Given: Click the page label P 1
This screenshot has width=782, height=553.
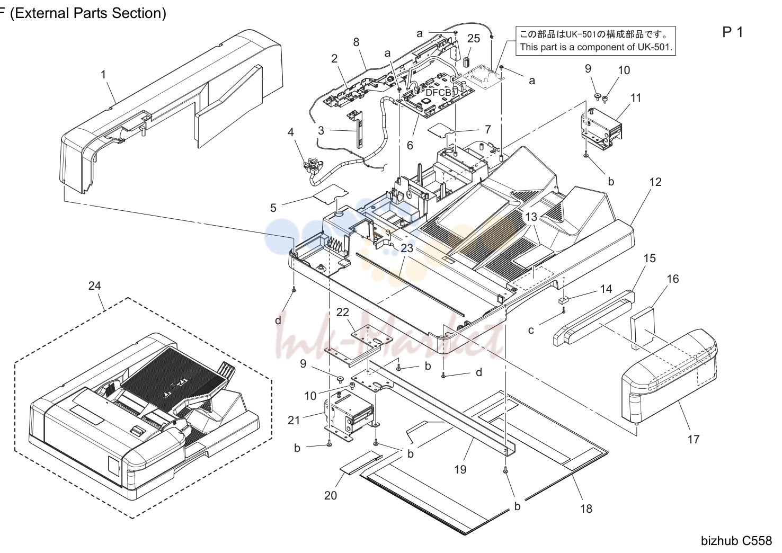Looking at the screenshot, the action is (732, 32).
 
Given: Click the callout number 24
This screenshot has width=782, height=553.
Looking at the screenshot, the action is (94, 286).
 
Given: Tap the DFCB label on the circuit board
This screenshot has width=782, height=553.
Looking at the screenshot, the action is (439, 93).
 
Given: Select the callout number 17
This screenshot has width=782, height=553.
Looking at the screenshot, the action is (694, 439).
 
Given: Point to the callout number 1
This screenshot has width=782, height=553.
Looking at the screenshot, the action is (103, 74).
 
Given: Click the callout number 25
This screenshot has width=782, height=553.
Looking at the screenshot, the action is (474, 38).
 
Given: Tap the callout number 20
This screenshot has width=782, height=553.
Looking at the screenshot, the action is (331, 495).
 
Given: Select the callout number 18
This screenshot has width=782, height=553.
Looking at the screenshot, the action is (586, 509).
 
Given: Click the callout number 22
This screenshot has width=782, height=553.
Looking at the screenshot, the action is (342, 312).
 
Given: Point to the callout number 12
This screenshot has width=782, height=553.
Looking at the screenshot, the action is (655, 182).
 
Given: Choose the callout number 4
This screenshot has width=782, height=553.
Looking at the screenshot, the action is (290, 132).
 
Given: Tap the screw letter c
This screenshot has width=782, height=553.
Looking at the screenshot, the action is (531, 331).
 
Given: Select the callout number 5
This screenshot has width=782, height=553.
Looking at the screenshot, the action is (273, 208).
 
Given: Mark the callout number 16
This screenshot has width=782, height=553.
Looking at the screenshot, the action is (673, 279).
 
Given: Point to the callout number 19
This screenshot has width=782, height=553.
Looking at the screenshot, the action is (460, 469).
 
